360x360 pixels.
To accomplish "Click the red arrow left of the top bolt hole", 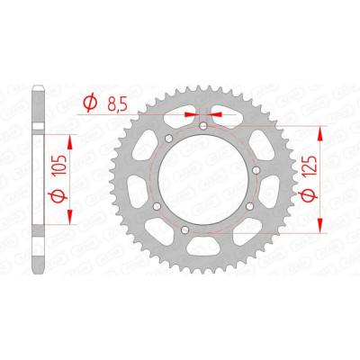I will [191, 115].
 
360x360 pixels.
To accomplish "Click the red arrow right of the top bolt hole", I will [219, 115].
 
